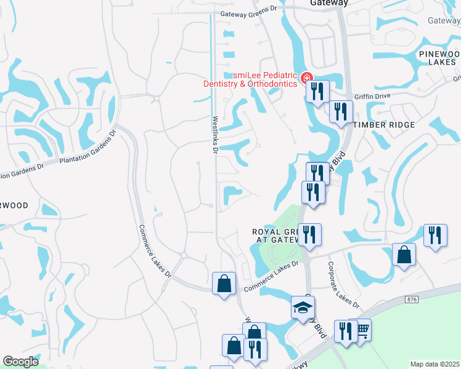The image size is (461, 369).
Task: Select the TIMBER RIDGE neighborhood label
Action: coord(384,124)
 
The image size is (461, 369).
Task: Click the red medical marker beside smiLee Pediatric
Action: coord(306,78)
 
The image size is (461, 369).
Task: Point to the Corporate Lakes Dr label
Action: coord(343,285)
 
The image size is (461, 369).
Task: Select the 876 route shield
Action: coord(412,299)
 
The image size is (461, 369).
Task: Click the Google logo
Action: coord(20,362)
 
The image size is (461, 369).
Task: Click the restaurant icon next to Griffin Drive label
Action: coord(340,112)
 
